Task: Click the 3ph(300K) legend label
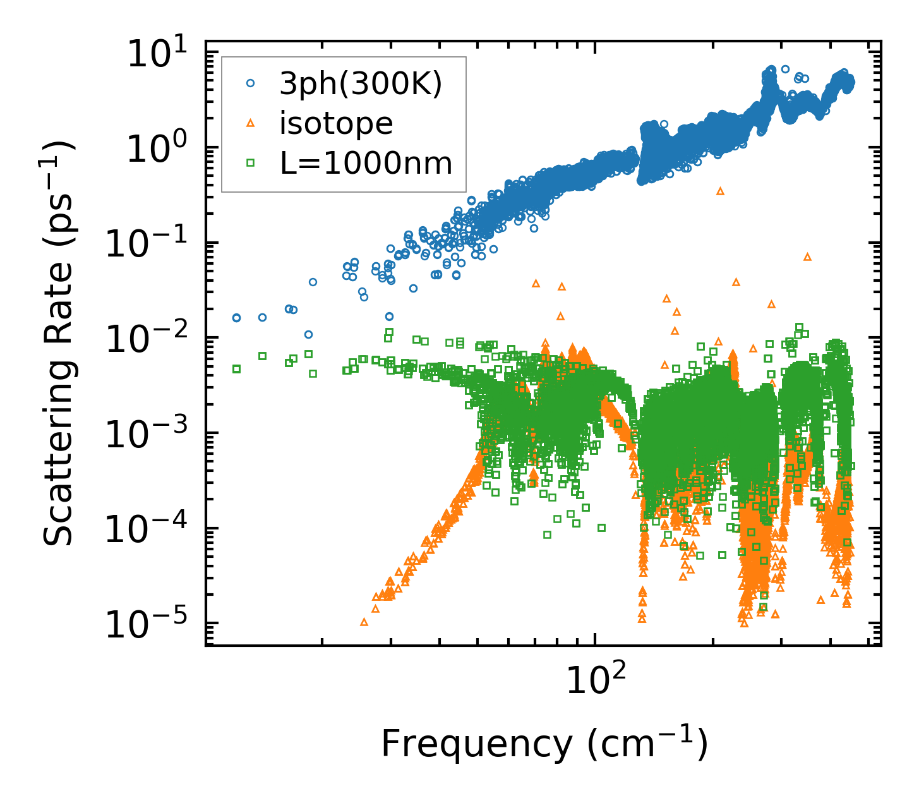[361, 84]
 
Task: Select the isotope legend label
[337, 123]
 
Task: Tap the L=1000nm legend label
[366, 163]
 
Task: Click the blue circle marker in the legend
[251, 83]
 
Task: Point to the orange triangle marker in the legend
[251, 123]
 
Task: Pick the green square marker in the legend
[251, 163]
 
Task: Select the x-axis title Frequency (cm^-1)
[544, 744]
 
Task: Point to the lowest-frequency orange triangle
[364, 622]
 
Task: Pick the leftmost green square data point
[237, 369]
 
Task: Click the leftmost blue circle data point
[237, 318]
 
